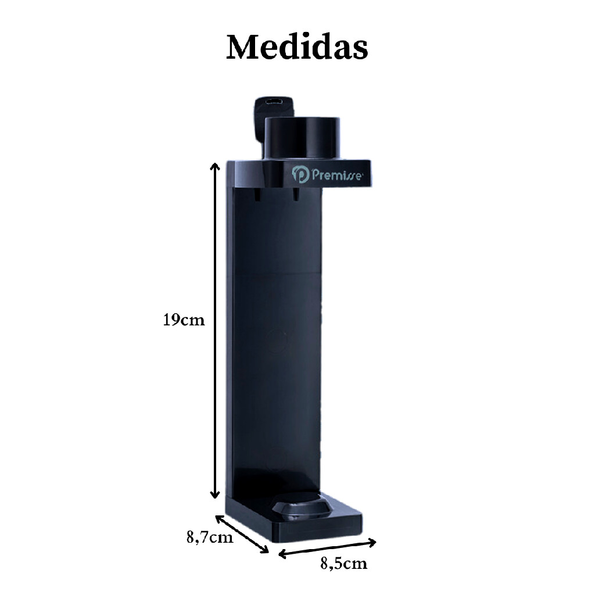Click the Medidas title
pyautogui.click(x=297, y=47)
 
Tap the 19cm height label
pyautogui.click(x=184, y=320)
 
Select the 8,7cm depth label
pyautogui.click(x=209, y=537)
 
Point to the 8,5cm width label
pyautogui.click(x=344, y=564)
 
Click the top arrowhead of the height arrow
pyautogui.click(x=215, y=166)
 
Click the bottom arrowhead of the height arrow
pyautogui.click(x=215, y=494)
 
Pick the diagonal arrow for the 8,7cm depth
pyautogui.click(x=242, y=534)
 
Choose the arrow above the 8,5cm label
pyautogui.click(x=327, y=549)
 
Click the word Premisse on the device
pyautogui.click(x=336, y=175)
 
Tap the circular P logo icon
pyautogui.click(x=300, y=174)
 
